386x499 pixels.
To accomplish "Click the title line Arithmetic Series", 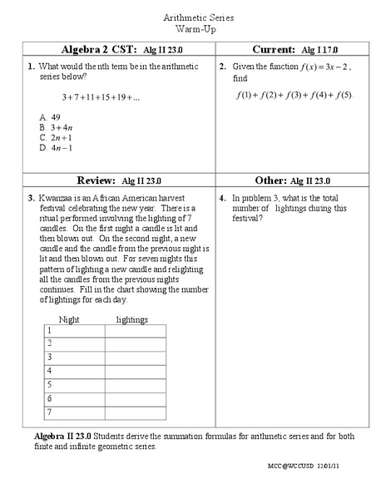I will point(193,17).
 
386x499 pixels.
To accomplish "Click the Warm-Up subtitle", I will point(193,28).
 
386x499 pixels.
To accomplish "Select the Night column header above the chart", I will point(69,319).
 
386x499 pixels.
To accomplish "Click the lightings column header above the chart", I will point(131,319).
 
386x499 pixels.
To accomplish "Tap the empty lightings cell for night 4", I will point(135,371).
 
